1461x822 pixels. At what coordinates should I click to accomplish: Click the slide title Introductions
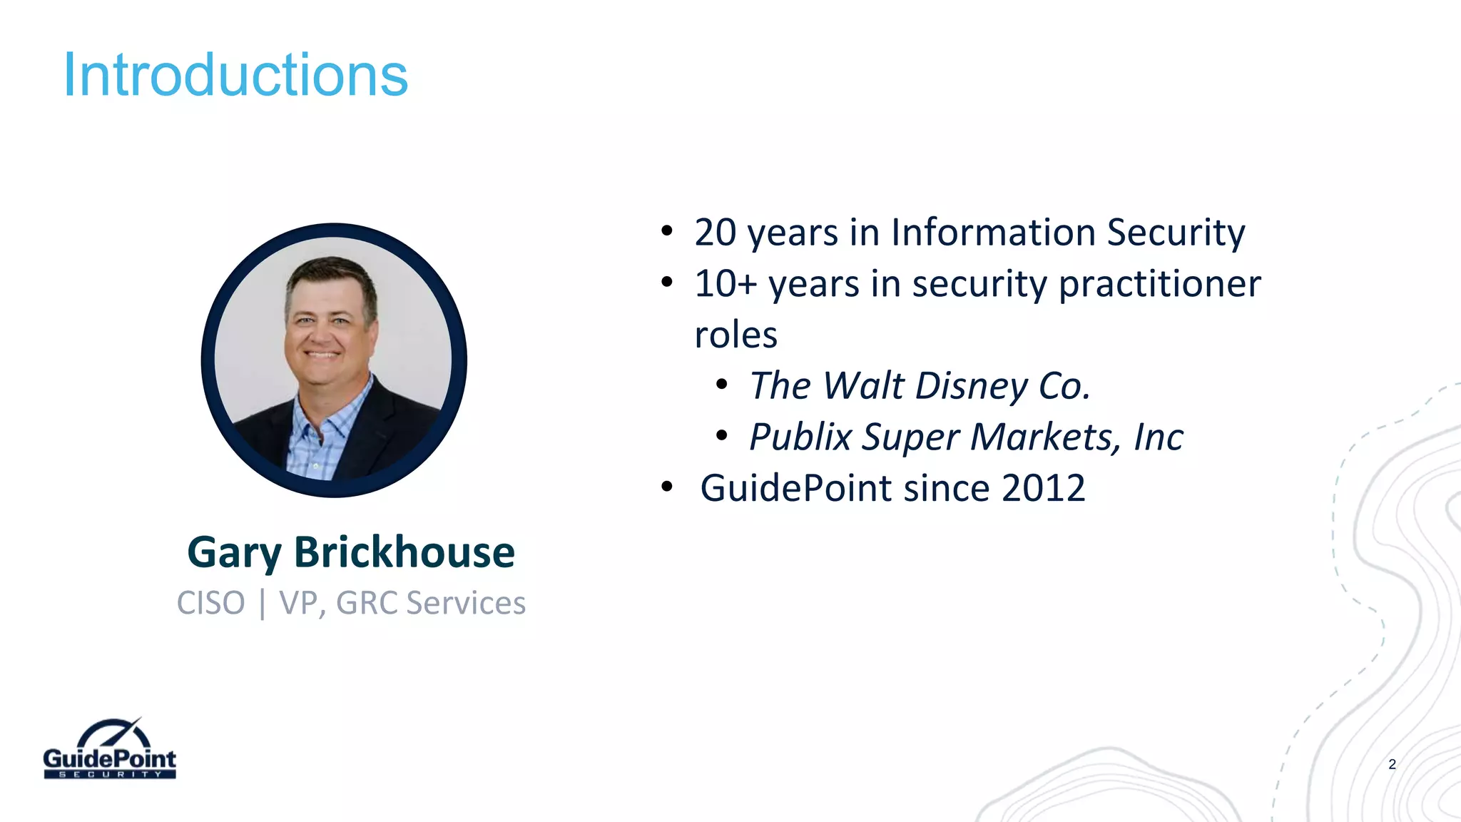pos(235,75)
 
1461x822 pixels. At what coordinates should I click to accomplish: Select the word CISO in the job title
pos(210,603)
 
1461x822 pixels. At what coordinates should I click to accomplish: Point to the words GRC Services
pos(430,603)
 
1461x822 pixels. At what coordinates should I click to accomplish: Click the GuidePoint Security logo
pos(109,751)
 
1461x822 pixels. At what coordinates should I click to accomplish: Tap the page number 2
pos(1392,764)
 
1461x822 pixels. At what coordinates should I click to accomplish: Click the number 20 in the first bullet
pos(715,233)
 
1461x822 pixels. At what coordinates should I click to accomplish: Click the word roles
pos(735,335)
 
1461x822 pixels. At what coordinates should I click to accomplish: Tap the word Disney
pos(972,386)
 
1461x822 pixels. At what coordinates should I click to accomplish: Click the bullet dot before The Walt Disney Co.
pos(722,385)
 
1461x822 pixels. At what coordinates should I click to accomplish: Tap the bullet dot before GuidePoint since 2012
pos(667,487)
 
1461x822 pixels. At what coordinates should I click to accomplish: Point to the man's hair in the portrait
pos(330,275)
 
